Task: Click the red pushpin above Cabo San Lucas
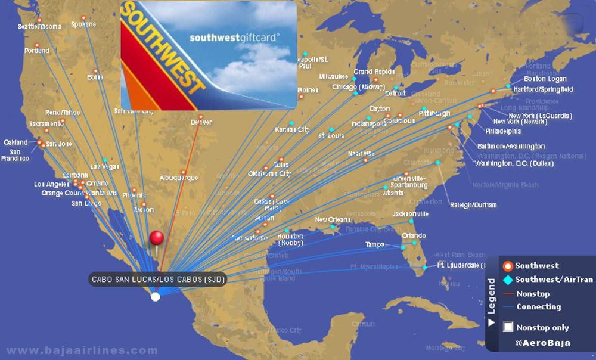point(156,238)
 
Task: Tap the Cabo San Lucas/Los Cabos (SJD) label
point(159,279)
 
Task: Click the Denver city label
point(201,123)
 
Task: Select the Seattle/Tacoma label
point(39,27)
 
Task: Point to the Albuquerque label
point(178,178)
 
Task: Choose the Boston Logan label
point(545,79)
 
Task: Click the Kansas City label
point(293,129)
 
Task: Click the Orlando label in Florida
point(414,235)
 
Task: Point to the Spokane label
point(83,24)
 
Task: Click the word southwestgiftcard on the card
point(234,37)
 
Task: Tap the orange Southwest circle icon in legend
point(508,266)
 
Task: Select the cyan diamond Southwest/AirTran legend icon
point(508,280)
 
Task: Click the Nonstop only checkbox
point(508,327)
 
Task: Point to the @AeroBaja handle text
point(542,343)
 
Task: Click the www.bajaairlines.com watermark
point(82,350)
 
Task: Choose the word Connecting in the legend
point(538,307)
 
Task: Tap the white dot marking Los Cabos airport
point(156,296)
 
